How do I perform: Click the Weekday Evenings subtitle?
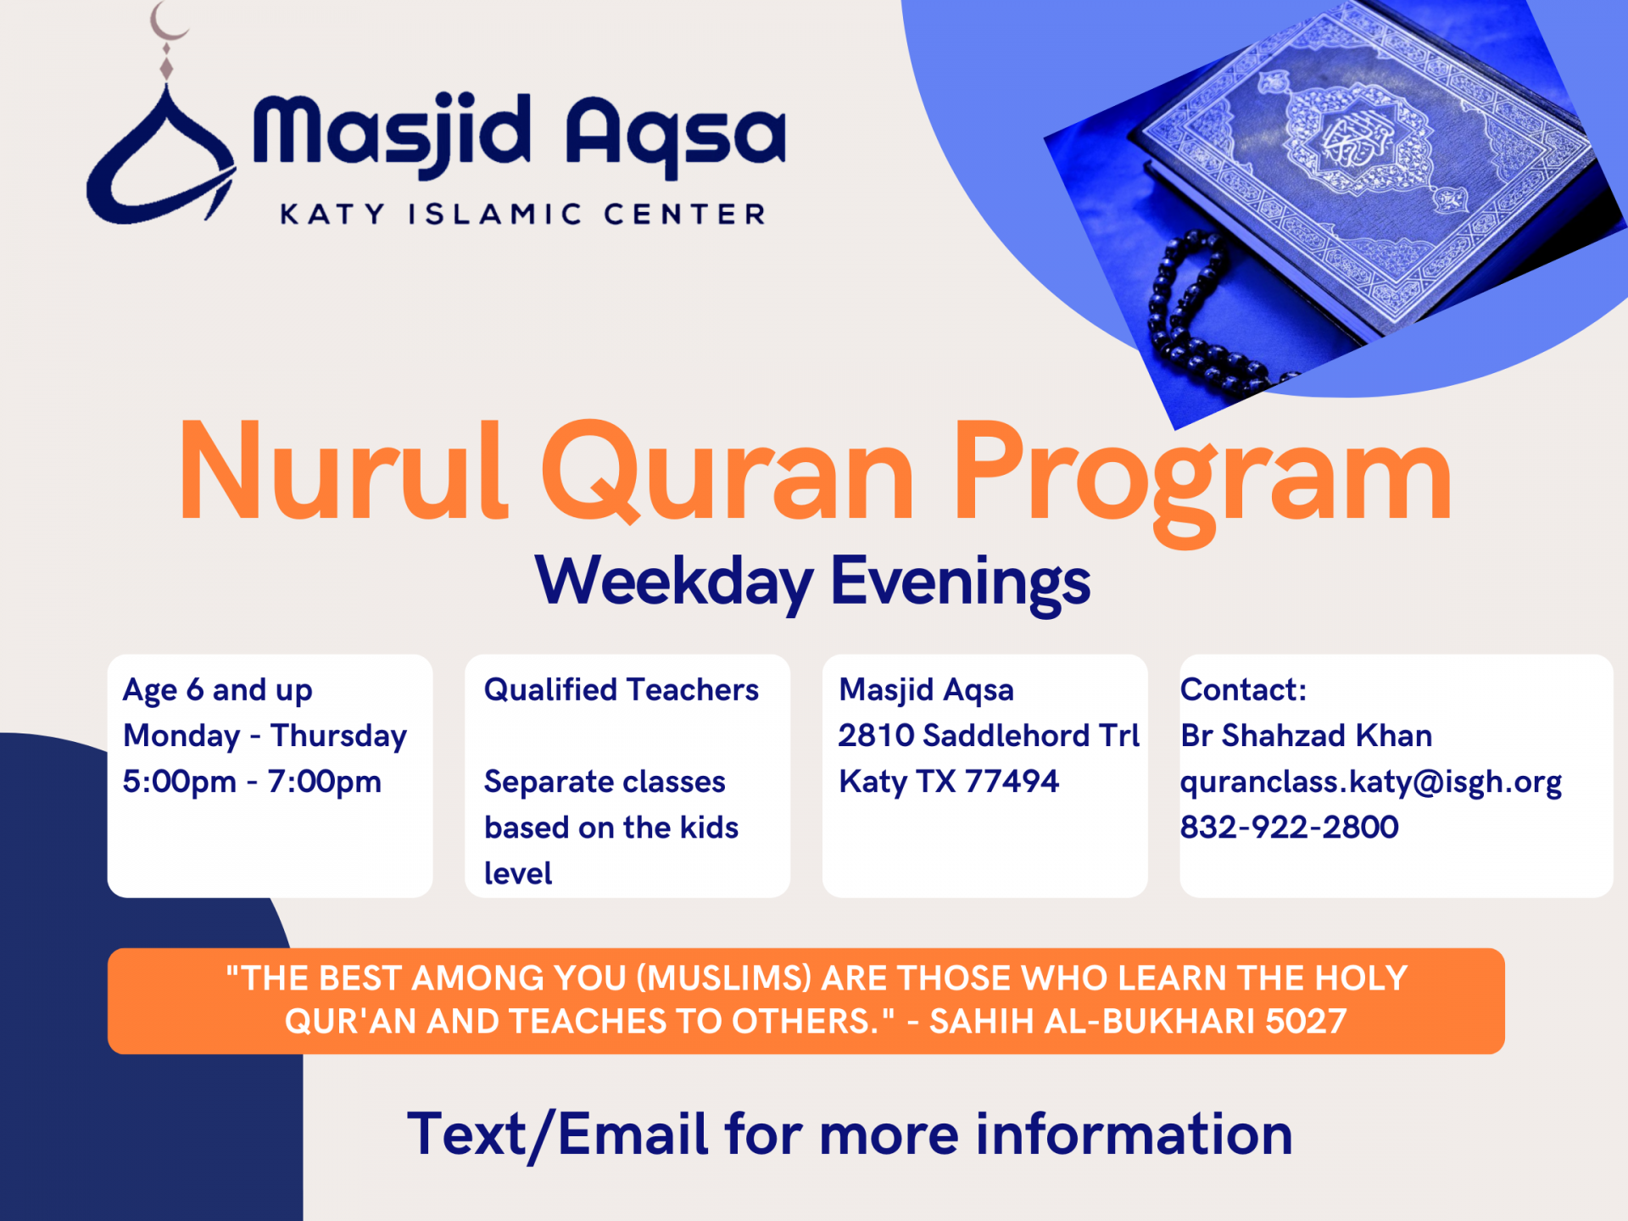pos(812,582)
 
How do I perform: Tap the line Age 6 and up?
pos(218,690)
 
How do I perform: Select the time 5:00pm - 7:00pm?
pos(252,782)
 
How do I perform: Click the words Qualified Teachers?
pos(621,690)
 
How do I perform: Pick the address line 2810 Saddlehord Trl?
pos(989,736)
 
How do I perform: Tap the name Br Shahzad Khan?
pos(1306,736)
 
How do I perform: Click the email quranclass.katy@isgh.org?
pos(1370,782)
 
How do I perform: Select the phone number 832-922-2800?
pos(1289,828)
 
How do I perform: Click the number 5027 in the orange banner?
pos(1305,1022)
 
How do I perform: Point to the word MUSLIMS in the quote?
pos(724,978)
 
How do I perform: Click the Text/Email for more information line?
pos(850,1135)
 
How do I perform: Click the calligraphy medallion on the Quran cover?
pos(1357,140)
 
